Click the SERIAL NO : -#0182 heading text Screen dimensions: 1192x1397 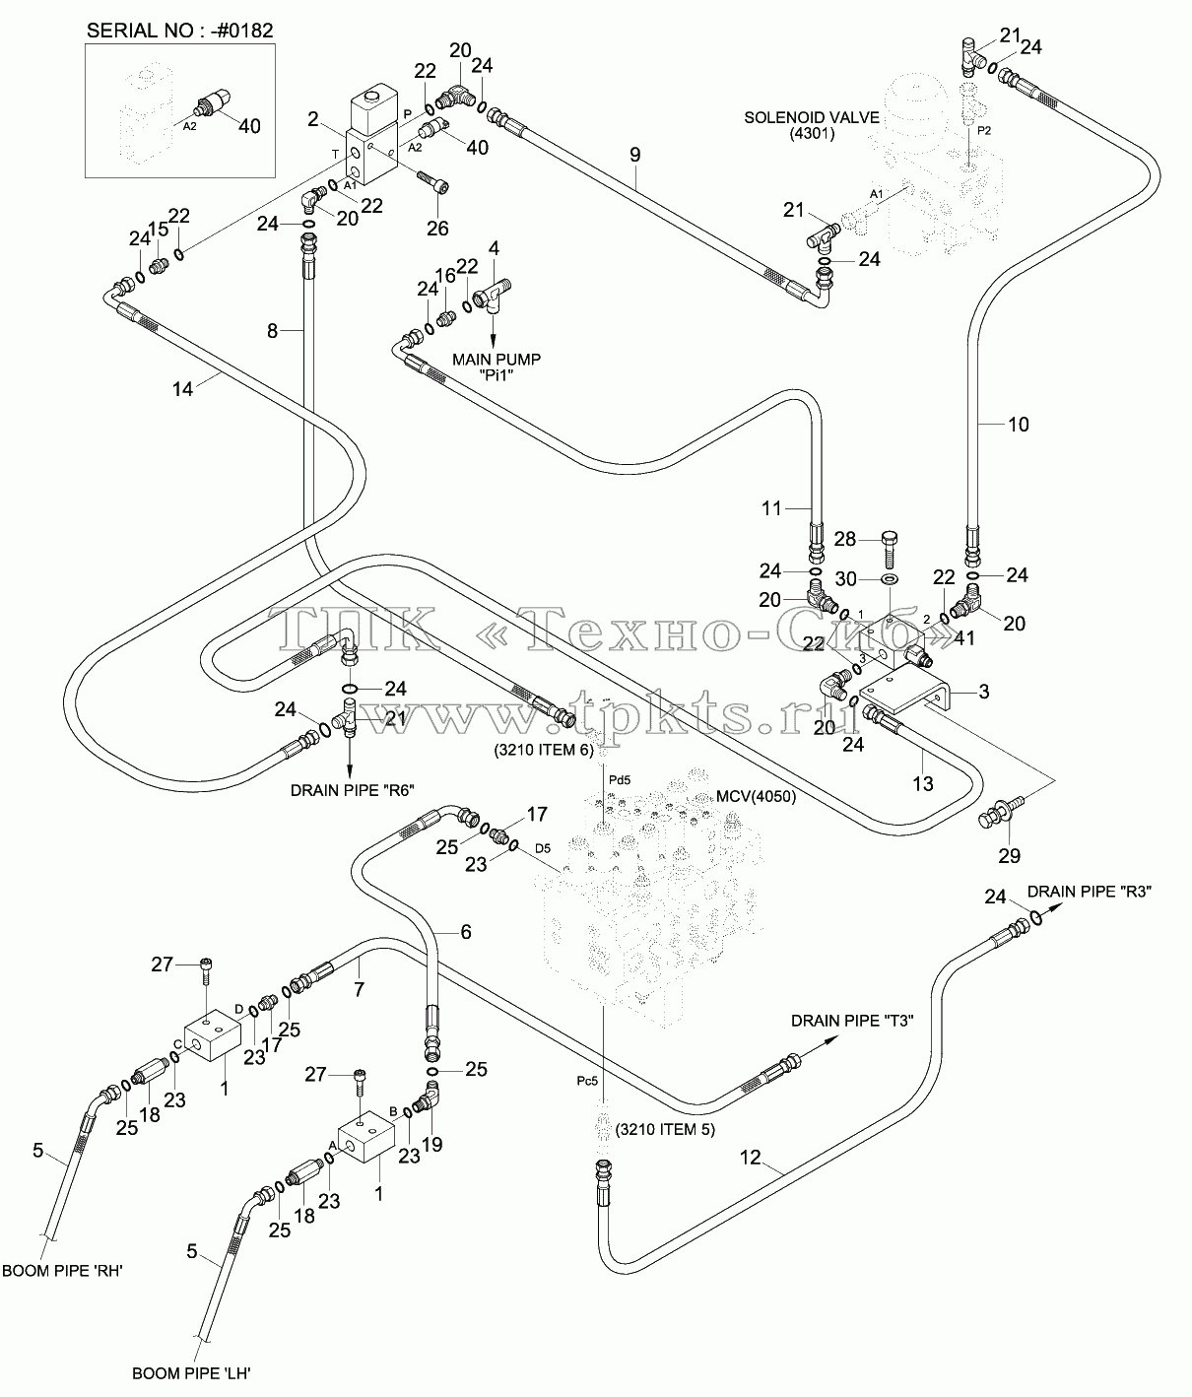179,31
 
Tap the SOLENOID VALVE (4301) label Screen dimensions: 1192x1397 812,125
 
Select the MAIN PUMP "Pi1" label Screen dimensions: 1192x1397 497,367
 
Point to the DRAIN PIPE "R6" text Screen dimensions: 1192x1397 352,790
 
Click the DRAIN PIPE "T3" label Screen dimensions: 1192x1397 852,1021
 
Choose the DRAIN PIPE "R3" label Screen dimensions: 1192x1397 1090,892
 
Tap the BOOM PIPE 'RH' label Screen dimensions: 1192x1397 63,1271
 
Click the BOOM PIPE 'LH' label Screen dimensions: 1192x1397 192,1373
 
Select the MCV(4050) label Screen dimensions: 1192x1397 757,797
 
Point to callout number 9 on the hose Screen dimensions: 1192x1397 634,155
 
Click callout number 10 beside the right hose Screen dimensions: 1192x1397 1019,425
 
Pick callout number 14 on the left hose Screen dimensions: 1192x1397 182,388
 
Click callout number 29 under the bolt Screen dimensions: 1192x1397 1010,855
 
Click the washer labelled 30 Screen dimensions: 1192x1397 889,579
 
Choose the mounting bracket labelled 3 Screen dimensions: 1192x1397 904,689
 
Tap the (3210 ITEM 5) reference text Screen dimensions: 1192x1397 665,1129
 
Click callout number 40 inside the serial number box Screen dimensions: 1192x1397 249,126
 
